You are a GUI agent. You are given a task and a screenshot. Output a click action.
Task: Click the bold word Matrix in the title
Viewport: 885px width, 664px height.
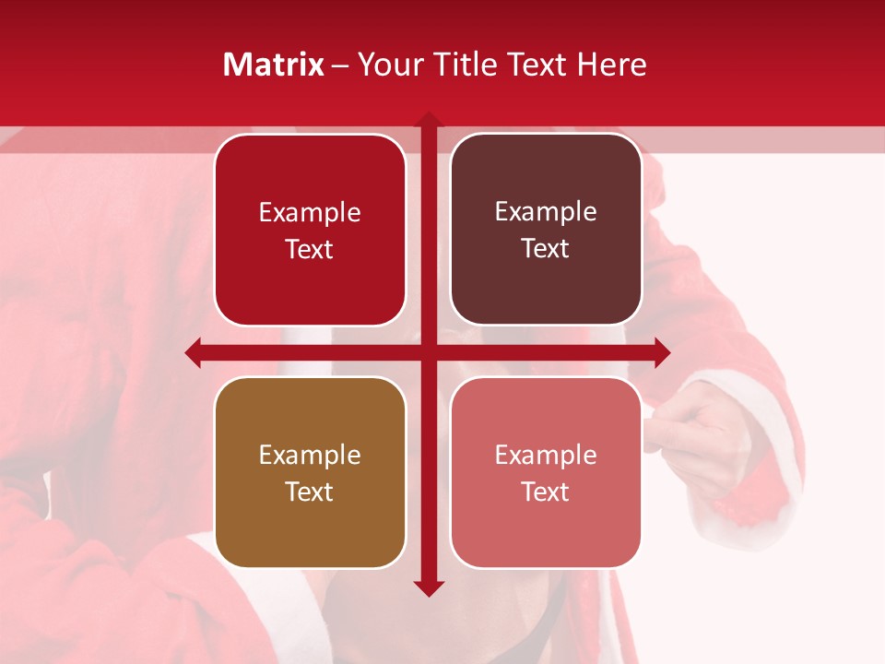274,65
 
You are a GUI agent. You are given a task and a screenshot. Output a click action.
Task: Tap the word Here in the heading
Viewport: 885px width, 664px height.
611,65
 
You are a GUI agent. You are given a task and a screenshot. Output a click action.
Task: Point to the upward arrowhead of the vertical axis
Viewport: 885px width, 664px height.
428,120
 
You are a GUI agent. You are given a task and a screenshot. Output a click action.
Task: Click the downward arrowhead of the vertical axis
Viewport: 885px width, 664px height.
428,588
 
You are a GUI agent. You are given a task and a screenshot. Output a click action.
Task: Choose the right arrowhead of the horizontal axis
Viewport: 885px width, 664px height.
662,352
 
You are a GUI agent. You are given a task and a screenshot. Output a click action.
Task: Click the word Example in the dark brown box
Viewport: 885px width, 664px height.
546,212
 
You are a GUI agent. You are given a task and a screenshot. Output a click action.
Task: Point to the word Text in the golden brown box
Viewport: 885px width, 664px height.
310,492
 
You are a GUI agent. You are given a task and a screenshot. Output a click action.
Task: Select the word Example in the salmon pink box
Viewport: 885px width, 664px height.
546,455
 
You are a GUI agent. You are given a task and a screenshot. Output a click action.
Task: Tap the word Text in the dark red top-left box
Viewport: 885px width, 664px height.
310,249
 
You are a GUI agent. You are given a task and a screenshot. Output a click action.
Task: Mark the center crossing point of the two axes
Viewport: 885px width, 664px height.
428,352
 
